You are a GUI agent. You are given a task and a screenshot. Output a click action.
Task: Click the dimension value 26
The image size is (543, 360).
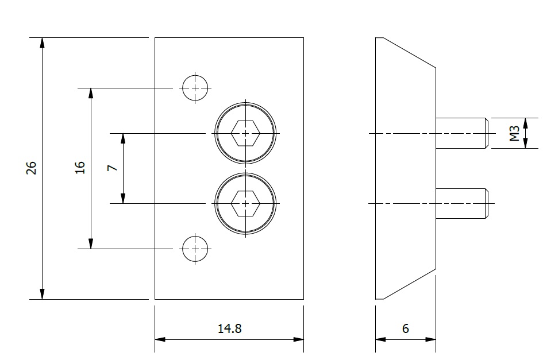coord(32,168)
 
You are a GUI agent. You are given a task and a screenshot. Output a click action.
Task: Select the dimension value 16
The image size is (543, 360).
coord(80,168)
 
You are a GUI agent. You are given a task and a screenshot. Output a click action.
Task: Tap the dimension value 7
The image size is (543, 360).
coord(113,168)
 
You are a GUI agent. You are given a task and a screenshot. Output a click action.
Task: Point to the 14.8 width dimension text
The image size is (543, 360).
coord(230,328)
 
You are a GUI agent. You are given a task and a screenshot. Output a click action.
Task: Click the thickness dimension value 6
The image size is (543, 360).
coord(406,328)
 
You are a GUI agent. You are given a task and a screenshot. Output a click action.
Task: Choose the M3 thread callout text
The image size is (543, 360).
coord(515,133)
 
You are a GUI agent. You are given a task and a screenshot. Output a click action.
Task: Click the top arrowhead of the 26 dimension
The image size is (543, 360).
coord(42,42)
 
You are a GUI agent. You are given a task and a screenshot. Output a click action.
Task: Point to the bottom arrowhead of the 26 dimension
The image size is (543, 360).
coord(42,294)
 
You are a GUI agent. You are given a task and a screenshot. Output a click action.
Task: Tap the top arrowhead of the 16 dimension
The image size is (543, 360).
coord(91,93)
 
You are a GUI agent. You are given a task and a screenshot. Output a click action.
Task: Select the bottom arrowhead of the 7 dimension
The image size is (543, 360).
coord(123,198)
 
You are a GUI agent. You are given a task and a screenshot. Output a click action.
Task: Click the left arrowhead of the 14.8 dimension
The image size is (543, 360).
coord(160,339)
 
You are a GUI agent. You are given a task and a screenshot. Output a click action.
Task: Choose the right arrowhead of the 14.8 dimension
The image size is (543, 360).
coord(299,339)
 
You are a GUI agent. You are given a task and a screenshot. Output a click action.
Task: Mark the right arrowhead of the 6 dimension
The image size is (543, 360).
coord(430,339)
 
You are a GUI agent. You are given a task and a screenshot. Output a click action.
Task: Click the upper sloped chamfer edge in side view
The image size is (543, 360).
coord(410,53)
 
